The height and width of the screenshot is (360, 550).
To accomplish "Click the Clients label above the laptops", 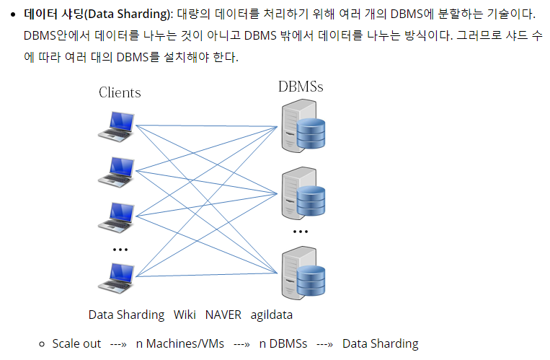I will tap(120, 92).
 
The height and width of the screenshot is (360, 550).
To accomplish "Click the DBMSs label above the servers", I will tap(301, 87).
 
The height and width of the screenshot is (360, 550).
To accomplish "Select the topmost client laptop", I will tap(116, 126).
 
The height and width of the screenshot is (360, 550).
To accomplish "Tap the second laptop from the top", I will tap(116, 170).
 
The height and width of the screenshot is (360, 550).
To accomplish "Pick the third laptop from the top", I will tap(116, 216).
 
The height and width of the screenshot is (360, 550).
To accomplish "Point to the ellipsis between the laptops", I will tap(120, 250).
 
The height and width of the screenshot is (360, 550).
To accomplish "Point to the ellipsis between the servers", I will tap(301, 232).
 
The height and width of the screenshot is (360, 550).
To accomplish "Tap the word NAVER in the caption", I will tap(223, 315).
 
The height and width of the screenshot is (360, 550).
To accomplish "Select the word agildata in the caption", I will tap(272, 315).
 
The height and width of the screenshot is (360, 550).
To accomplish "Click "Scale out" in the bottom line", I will tap(76, 343).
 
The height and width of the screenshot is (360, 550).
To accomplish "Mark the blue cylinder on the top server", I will tap(311, 132).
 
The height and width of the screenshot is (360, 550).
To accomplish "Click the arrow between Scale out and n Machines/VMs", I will tap(118, 343).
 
